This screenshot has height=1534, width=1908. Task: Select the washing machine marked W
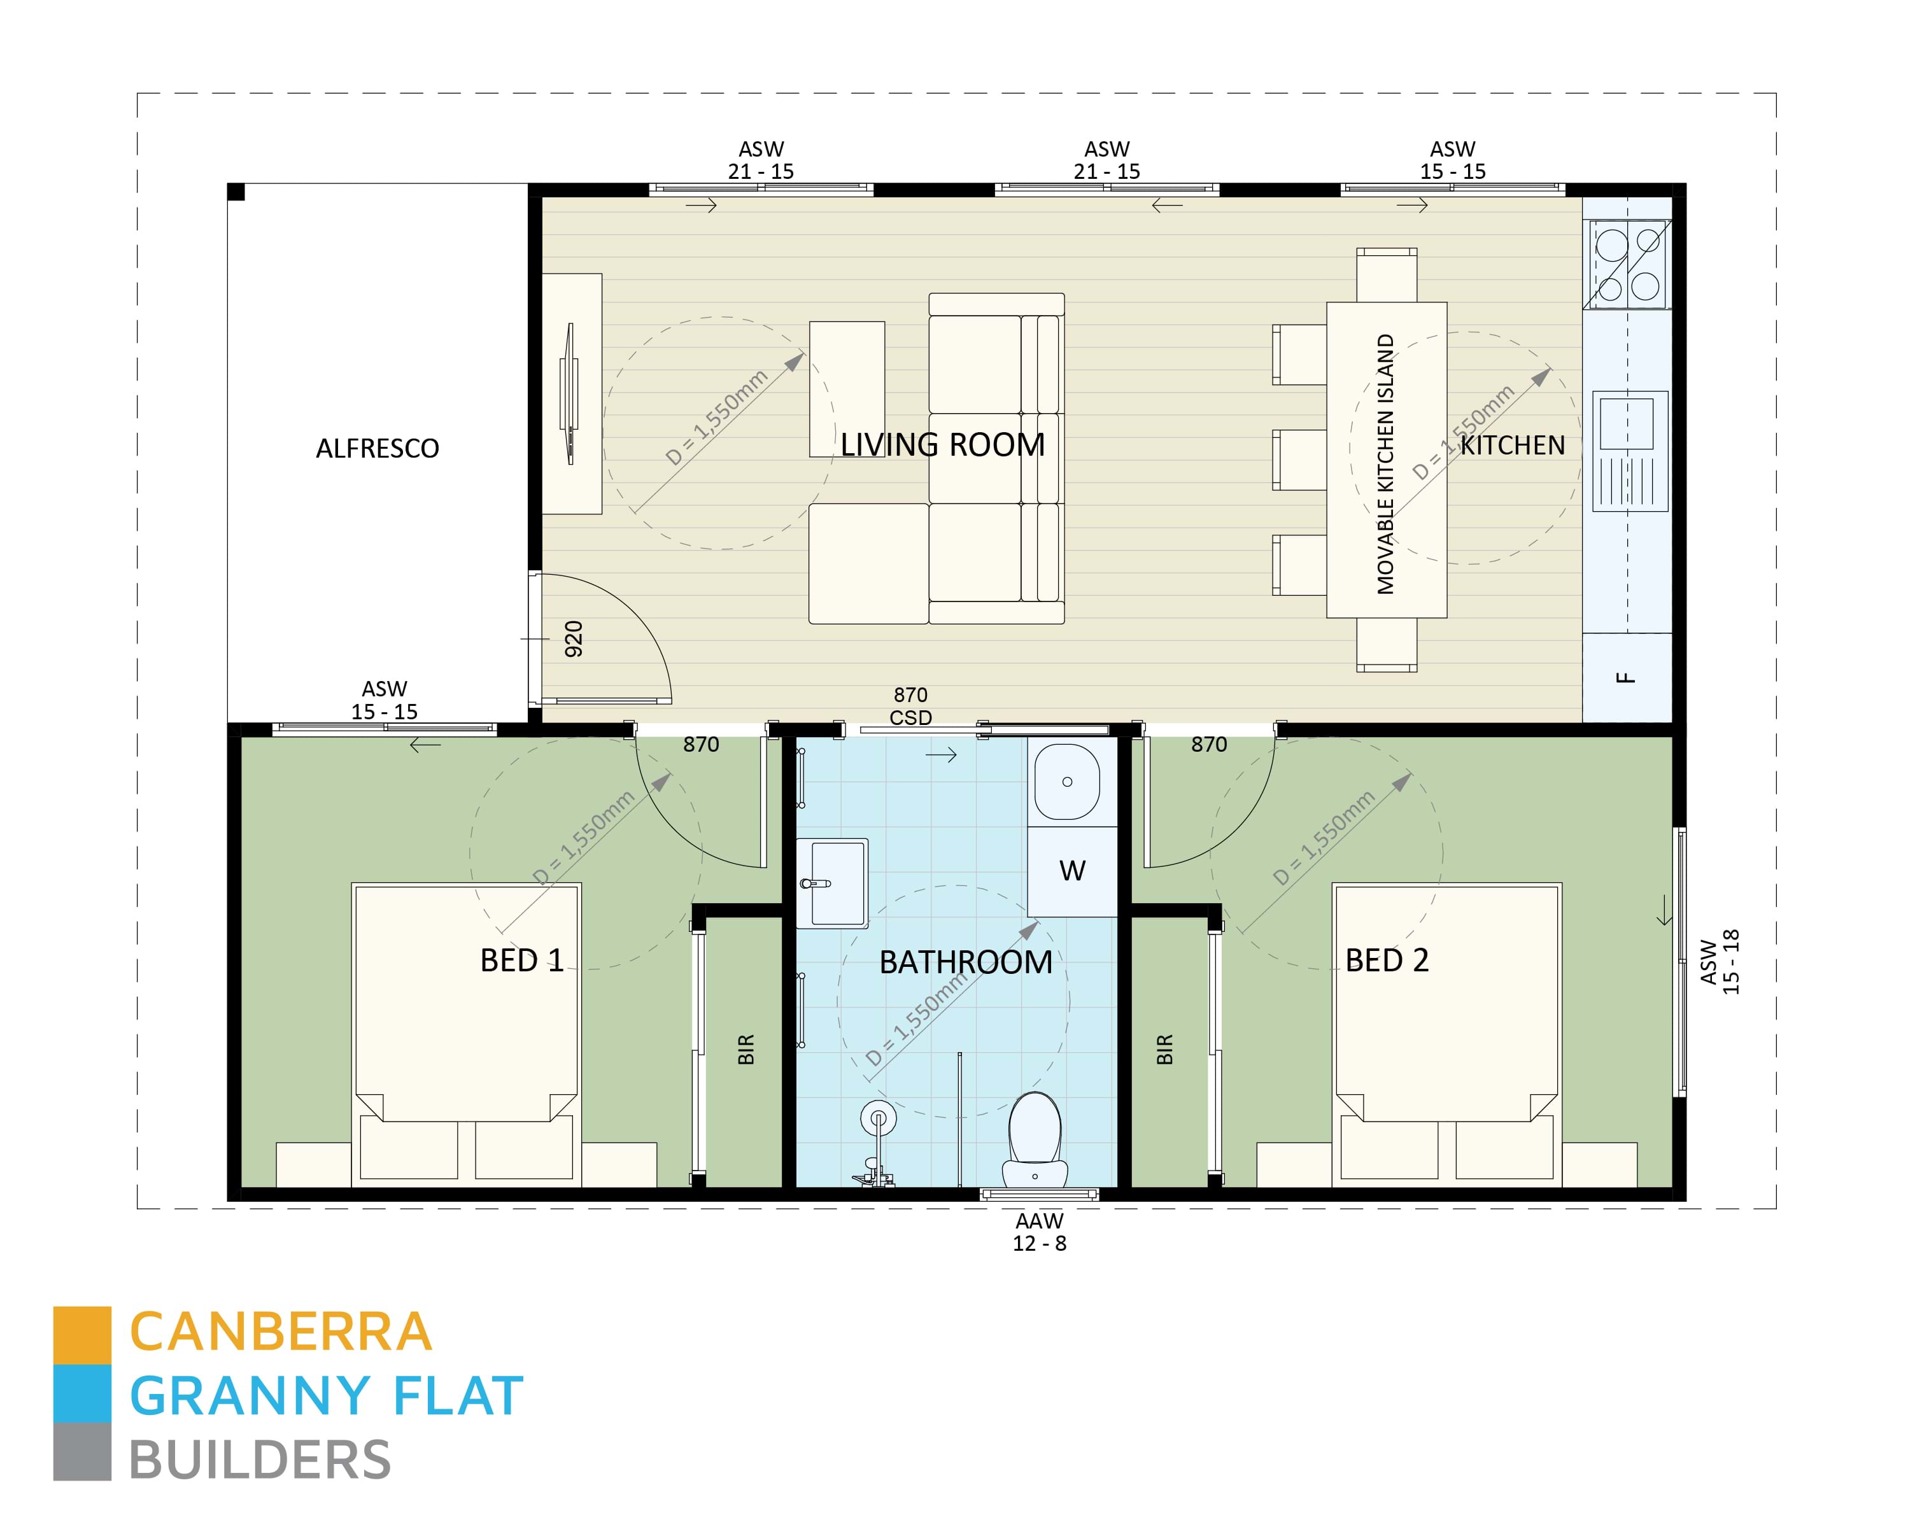[1071, 871]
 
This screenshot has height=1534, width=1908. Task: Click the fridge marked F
[1626, 678]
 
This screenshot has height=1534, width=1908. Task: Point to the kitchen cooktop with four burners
[1627, 265]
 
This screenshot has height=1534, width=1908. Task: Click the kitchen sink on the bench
[1627, 425]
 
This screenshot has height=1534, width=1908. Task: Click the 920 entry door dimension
[574, 638]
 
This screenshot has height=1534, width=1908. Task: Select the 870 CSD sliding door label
[910, 706]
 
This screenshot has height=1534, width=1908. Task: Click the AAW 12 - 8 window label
[1039, 1232]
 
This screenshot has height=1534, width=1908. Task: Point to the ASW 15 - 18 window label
[1719, 962]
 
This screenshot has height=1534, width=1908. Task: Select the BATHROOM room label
[966, 962]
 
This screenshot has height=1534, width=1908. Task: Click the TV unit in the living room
[572, 393]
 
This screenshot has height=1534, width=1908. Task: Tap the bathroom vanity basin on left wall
[832, 882]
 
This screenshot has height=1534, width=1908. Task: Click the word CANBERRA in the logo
[281, 1333]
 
